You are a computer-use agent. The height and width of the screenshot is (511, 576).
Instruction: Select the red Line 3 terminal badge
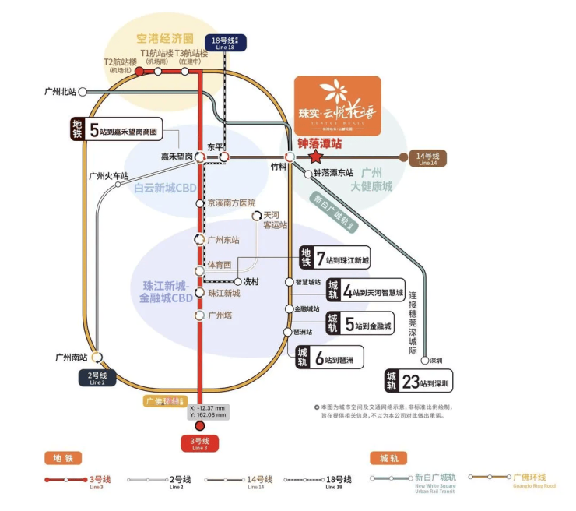click(x=200, y=444)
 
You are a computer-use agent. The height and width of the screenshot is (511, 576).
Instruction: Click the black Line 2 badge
click(x=97, y=379)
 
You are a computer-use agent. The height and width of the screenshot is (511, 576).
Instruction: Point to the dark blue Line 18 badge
click(x=224, y=43)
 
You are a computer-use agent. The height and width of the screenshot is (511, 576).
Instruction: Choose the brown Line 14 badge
click(x=427, y=158)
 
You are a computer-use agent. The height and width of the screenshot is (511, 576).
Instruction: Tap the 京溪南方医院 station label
click(x=231, y=203)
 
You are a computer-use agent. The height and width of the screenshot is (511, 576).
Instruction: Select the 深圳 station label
click(x=436, y=361)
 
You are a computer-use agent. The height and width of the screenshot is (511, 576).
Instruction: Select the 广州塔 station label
click(x=220, y=316)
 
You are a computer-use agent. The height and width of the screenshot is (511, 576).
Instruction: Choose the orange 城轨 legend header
click(x=388, y=458)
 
